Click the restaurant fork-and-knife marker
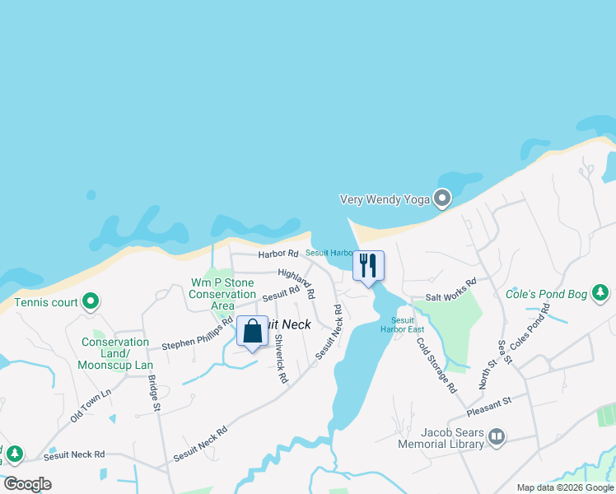click(368, 265)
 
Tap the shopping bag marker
click(252, 332)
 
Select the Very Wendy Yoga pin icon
click(443, 198)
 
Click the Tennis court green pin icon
click(91, 302)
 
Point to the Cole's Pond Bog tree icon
click(601, 292)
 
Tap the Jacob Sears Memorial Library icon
click(496, 437)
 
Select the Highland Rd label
click(296, 282)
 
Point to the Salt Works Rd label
click(450, 289)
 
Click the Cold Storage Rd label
click(436, 365)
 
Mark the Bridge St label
click(153, 394)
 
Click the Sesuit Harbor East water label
click(403, 324)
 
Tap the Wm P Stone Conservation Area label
click(223, 294)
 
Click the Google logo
click(27, 484)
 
